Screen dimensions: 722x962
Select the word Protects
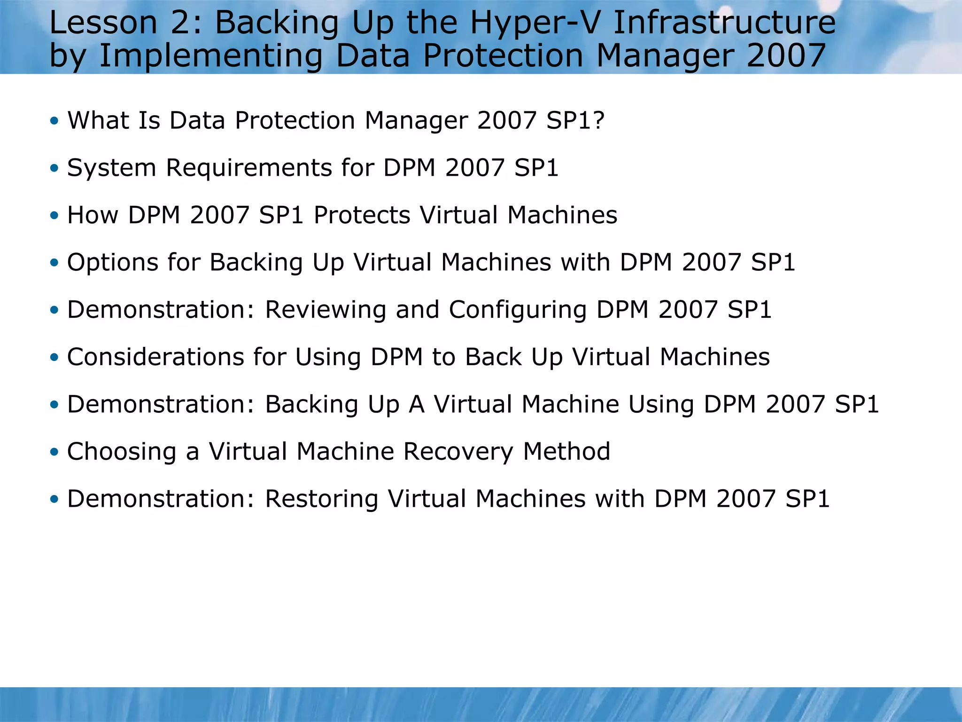362,215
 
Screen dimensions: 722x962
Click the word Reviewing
326,310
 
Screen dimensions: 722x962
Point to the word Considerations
155,357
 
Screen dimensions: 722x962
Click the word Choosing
122,452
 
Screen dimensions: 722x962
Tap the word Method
566,452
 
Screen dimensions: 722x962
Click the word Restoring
322,499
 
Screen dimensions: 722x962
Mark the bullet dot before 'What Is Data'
54,121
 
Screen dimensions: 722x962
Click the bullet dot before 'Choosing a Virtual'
54,452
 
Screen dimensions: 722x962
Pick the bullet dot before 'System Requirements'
54,168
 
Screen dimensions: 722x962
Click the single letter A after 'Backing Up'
417,404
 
